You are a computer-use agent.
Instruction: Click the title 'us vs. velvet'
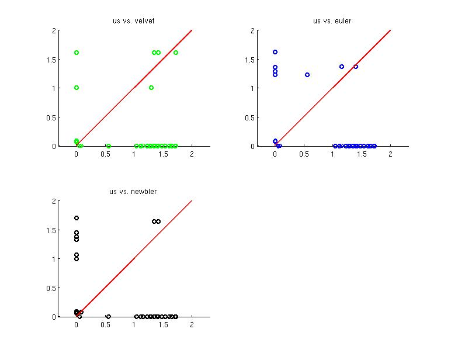pos(134,21)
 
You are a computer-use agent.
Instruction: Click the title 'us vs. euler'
pos(332,21)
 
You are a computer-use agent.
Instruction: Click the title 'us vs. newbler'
pos(134,192)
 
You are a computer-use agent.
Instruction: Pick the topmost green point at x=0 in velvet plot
pos(77,53)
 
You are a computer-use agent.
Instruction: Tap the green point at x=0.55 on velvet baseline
pos(109,146)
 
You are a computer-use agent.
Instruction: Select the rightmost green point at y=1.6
pos(176,53)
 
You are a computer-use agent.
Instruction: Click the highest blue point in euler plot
pos(275,52)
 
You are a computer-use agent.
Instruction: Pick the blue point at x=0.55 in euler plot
pos(307,75)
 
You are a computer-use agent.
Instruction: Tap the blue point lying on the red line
pos(356,67)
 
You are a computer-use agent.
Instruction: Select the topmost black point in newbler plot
pos(77,218)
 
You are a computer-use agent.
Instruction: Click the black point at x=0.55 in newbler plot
pos(109,317)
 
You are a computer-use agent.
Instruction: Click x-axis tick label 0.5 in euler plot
pos(304,154)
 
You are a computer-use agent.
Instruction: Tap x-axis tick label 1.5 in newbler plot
pos(163,325)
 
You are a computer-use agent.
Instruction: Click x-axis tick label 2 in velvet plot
pos(192,154)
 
